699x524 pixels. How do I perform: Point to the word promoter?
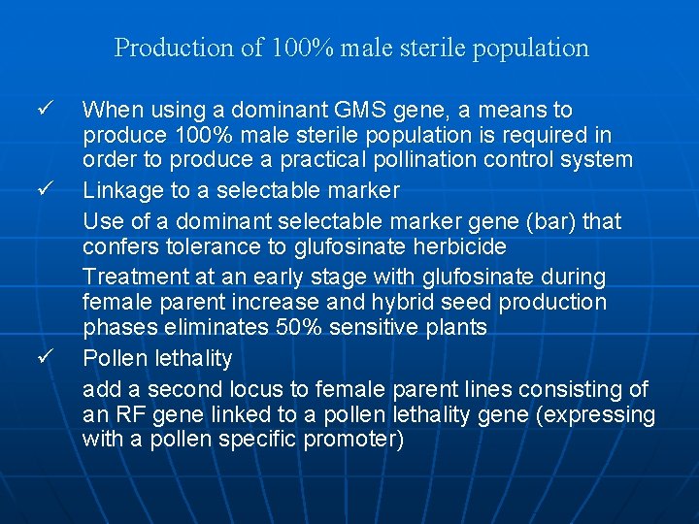click(x=354, y=440)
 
